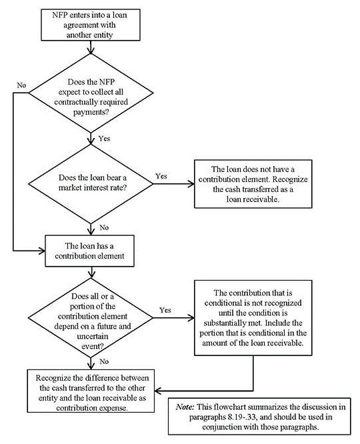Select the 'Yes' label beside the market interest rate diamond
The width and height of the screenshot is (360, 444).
click(x=161, y=176)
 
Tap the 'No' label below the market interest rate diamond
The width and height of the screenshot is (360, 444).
click(x=104, y=227)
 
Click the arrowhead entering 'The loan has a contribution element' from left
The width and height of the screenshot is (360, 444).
click(x=41, y=251)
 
